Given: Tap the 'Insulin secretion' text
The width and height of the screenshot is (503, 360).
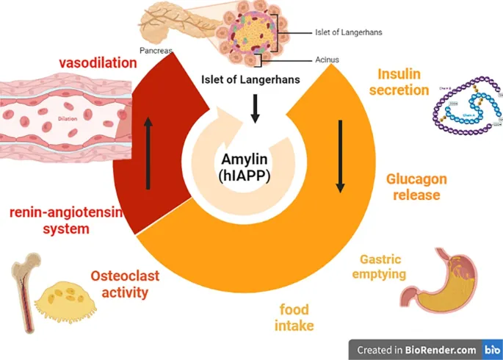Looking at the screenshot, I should coord(403,82).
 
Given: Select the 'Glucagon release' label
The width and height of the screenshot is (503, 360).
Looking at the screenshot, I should coord(416,187).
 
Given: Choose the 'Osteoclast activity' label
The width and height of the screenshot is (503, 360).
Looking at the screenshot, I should coord(119,284).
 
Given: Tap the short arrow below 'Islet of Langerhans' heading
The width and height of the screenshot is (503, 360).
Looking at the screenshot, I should coord(255,108).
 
